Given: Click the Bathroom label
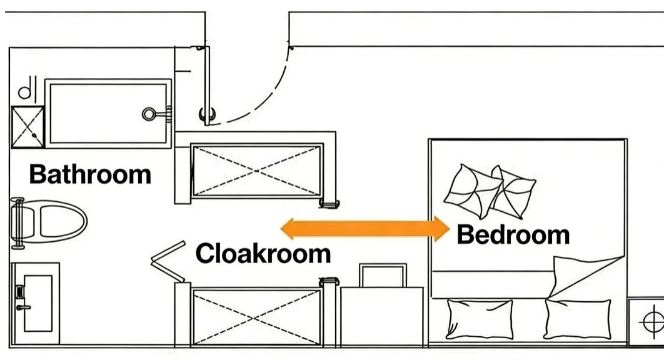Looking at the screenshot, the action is pyautogui.click(x=90, y=174).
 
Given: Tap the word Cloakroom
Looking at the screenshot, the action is pyautogui.click(x=263, y=253).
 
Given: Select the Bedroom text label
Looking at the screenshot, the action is pyautogui.click(x=513, y=234).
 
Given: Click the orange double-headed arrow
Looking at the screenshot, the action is pyautogui.click(x=365, y=229).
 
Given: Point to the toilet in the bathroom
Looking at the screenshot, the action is pyautogui.click(x=49, y=221).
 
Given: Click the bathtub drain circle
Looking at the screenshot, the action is pyautogui.click(x=149, y=114).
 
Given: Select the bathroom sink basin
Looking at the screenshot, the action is pyautogui.click(x=38, y=303).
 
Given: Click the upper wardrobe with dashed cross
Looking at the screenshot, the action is pyautogui.click(x=256, y=171).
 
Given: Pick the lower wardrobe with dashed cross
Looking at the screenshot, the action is pyautogui.click(x=256, y=317).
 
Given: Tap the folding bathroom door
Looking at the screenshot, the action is pyautogui.click(x=168, y=261).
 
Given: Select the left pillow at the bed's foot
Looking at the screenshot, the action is pyautogui.click(x=480, y=319).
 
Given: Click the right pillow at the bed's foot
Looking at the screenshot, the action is pyautogui.click(x=578, y=319).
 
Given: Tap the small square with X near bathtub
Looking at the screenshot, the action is pyautogui.click(x=28, y=127).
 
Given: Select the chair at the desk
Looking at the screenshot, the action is pyautogui.click(x=383, y=275).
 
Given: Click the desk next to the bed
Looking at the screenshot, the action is pyautogui.click(x=382, y=316).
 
